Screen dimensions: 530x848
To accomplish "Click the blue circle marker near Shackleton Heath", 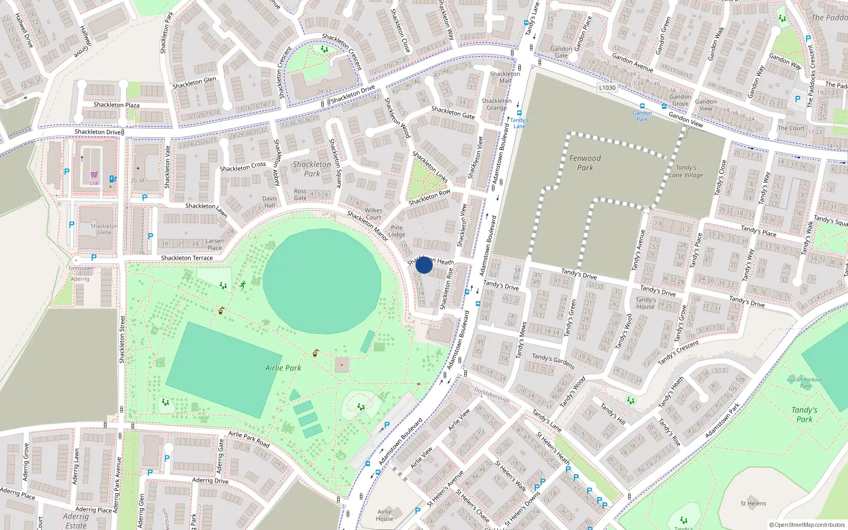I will pyautogui.click(x=424, y=264).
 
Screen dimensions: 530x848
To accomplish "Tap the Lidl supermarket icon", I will pyautogui.click(x=94, y=175).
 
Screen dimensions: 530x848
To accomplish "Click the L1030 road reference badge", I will pyautogui.click(x=607, y=88).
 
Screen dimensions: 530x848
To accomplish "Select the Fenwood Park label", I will pyautogui.click(x=585, y=163).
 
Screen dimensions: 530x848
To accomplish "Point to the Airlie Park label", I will pyautogui.click(x=283, y=368).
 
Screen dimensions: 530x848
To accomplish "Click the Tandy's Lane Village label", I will pyautogui.click(x=686, y=171).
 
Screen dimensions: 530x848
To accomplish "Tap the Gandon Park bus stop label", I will pyautogui.click(x=642, y=116).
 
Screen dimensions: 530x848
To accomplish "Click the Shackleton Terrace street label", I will pyautogui.click(x=187, y=258).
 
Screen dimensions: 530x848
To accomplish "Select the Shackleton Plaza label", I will pyautogui.click(x=117, y=105).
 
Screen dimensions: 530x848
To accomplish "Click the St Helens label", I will pyautogui.click(x=753, y=503).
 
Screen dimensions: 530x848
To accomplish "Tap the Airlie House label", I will pyautogui.click(x=385, y=515).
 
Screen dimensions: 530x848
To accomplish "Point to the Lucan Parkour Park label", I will pyautogui.click(x=805, y=383).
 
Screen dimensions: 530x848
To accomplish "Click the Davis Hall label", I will pyautogui.click(x=269, y=202).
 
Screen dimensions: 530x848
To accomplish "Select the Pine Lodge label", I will pyautogui.click(x=396, y=231).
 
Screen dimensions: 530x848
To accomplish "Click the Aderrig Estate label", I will pyautogui.click(x=76, y=520).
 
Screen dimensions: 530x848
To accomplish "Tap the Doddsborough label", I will pyautogui.click(x=492, y=395).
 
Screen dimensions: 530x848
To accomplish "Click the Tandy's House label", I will pyautogui.click(x=646, y=303).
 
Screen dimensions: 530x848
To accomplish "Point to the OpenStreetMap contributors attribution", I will pyautogui.click(x=807, y=525).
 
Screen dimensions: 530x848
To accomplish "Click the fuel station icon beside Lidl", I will pyautogui.click(x=112, y=179).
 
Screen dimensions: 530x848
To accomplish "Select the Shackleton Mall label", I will pyautogui.click(x=505, y=77).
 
